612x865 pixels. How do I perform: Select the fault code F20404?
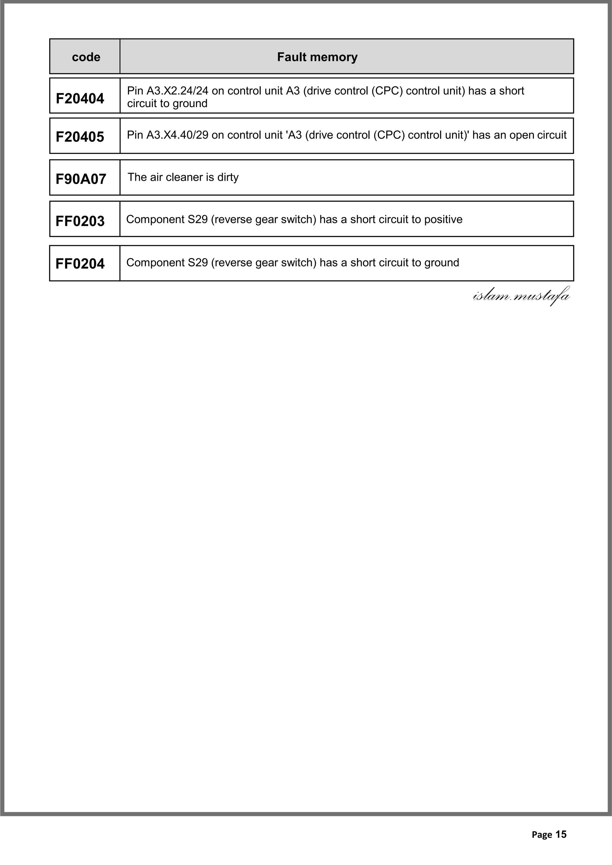click(80, 98)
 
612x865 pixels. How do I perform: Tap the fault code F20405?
click(80, 137)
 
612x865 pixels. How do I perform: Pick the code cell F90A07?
click(81, 179)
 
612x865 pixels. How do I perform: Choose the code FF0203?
click(80, 221)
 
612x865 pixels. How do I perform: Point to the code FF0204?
click(80, 264)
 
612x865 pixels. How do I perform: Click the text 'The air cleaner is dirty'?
click(183, 177)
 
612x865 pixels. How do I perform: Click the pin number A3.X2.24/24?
click(177, 91)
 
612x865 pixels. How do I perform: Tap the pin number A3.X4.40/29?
click(177, 135)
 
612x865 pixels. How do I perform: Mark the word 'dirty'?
click(228, 177)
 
